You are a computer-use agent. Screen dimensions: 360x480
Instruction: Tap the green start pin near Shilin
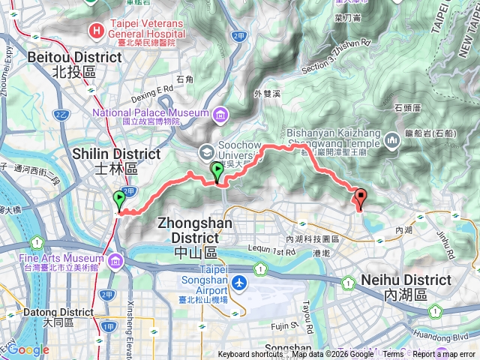[119, 200]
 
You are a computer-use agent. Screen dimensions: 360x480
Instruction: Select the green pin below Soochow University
[217, 171]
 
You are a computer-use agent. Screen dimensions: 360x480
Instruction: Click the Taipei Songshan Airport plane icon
[238, 283]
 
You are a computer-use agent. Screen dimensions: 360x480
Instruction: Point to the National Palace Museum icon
[220, 113]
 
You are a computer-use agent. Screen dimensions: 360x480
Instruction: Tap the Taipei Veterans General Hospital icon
[97, 31]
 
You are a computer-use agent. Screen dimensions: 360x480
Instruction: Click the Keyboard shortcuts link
[250, 355]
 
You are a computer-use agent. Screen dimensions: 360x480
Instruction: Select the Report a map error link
[444, 355]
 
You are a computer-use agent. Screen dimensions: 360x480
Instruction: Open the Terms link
[394, 355]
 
